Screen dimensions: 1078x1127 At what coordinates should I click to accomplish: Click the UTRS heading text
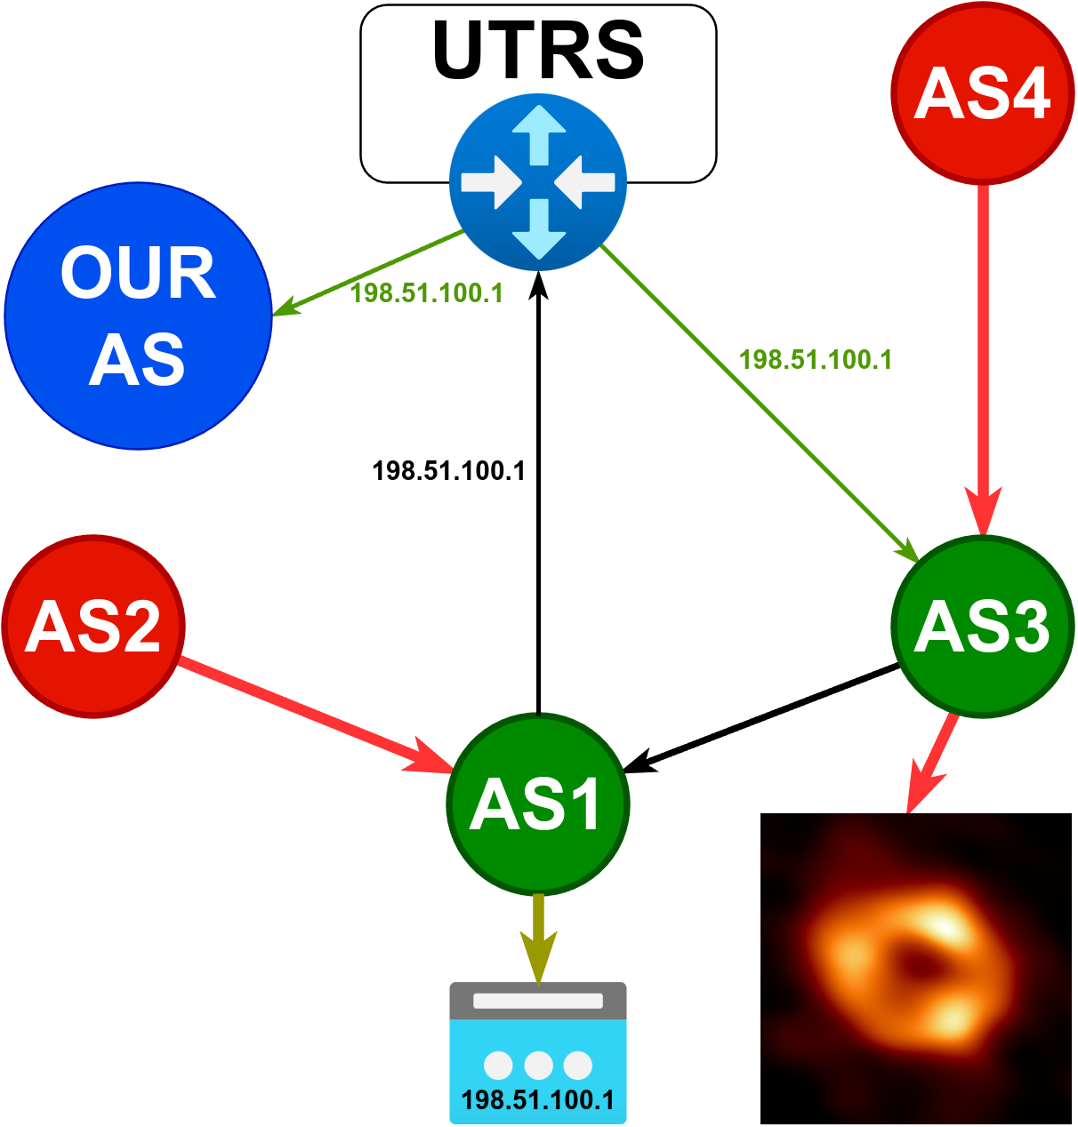pyautogui.click(x=538, y=51)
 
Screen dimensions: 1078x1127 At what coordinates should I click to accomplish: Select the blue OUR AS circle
pyautogui.click(x=138, y=316)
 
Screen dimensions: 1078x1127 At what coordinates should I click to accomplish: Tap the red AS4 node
pyautogui.click(x=983, y=92)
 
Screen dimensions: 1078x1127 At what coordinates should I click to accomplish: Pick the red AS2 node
pyautogui.click(x=93, y=627)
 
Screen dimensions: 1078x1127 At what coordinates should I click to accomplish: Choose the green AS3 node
pyautogui.click(x=983, y=627)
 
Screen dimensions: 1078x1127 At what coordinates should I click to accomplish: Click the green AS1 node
pyautogui.click(x=538, y=804)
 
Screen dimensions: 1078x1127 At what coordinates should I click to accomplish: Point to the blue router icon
pyautogui.click(x=538, y=182)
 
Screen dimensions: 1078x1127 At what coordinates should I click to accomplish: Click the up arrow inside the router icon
pyautogui.click(x=539, y=135)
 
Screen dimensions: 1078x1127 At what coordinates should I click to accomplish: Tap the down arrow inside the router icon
pyautogui.click(x=539, y=229)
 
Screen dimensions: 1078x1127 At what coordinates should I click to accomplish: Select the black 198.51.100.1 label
pyautogui.click(x=448, y=471)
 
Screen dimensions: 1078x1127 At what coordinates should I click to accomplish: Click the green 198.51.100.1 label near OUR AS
pyautogui.click(x=427, y=293)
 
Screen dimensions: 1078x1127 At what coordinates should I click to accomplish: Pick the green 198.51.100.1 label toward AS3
pyautogui.click(x=816, y=360)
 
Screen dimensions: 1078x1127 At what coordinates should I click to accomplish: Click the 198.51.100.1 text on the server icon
pyautogui.click(x=538, y=1099)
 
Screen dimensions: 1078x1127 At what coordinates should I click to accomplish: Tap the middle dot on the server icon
pyautogui.click(x=538, y=1065)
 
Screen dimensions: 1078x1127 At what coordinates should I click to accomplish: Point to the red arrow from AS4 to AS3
pyautogui.click(x=983, y=360)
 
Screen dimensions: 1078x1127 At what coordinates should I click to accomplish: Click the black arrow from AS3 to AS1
pyautogui.click(x=760, y=719)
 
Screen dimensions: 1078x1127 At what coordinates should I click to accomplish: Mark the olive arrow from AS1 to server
pyautogui.click(x=538, y=939)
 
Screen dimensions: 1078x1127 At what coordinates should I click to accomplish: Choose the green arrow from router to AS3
pyautogui.click(x=760, y=404)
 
